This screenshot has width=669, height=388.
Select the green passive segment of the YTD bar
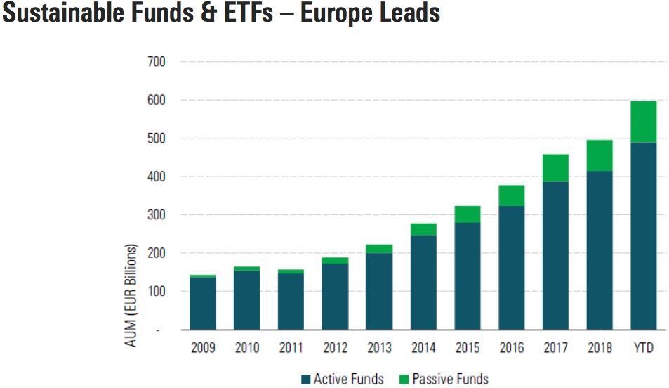(x=644, y=122)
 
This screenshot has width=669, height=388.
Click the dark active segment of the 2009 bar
(x=203, y=303)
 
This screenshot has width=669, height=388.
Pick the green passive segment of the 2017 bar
(x=555, y=168)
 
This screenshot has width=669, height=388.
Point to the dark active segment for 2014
(x=423, y=282)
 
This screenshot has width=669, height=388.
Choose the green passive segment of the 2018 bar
(x=600, y=155)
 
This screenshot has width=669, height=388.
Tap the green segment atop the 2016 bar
(x=511, y=195)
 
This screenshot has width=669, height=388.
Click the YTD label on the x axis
(x=644, y=348)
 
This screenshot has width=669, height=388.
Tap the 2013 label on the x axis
(x=379, y=348)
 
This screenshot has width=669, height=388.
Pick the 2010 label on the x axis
(x=247, y=348)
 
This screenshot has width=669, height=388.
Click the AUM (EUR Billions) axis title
(x=132, y=295)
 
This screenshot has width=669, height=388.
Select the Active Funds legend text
(x=348, y=379)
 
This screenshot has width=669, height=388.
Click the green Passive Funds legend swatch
(x=403, y=380)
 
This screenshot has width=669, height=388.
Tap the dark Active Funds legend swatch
(x=305, y=380)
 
